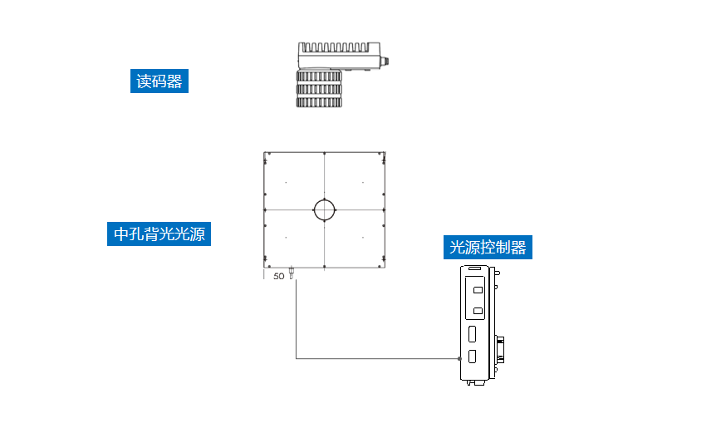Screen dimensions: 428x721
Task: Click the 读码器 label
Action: (159, 81)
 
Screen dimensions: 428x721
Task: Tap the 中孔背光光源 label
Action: (159, 234)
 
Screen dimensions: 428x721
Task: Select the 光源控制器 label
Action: (488, 247)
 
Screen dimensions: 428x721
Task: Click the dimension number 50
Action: (279, 275)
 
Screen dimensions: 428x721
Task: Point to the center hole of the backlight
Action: (325, 209)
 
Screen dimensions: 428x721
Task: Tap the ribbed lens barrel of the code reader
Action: (320, 89)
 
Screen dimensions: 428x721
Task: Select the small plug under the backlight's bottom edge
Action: (292, 273)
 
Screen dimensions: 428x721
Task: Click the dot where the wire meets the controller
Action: (459, 359)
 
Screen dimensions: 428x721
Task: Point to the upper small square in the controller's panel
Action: (477, 291)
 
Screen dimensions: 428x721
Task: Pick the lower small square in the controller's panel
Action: (477, 312)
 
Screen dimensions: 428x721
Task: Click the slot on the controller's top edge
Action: (473, 269)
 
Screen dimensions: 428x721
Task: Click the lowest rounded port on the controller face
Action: (472, 357)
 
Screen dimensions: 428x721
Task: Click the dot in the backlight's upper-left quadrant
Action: (286, 182)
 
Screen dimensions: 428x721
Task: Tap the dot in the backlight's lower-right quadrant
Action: (363, 237)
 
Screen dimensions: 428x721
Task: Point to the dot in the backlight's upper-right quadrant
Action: (363, 182)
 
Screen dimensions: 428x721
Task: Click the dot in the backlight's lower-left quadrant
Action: (286, 237)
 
